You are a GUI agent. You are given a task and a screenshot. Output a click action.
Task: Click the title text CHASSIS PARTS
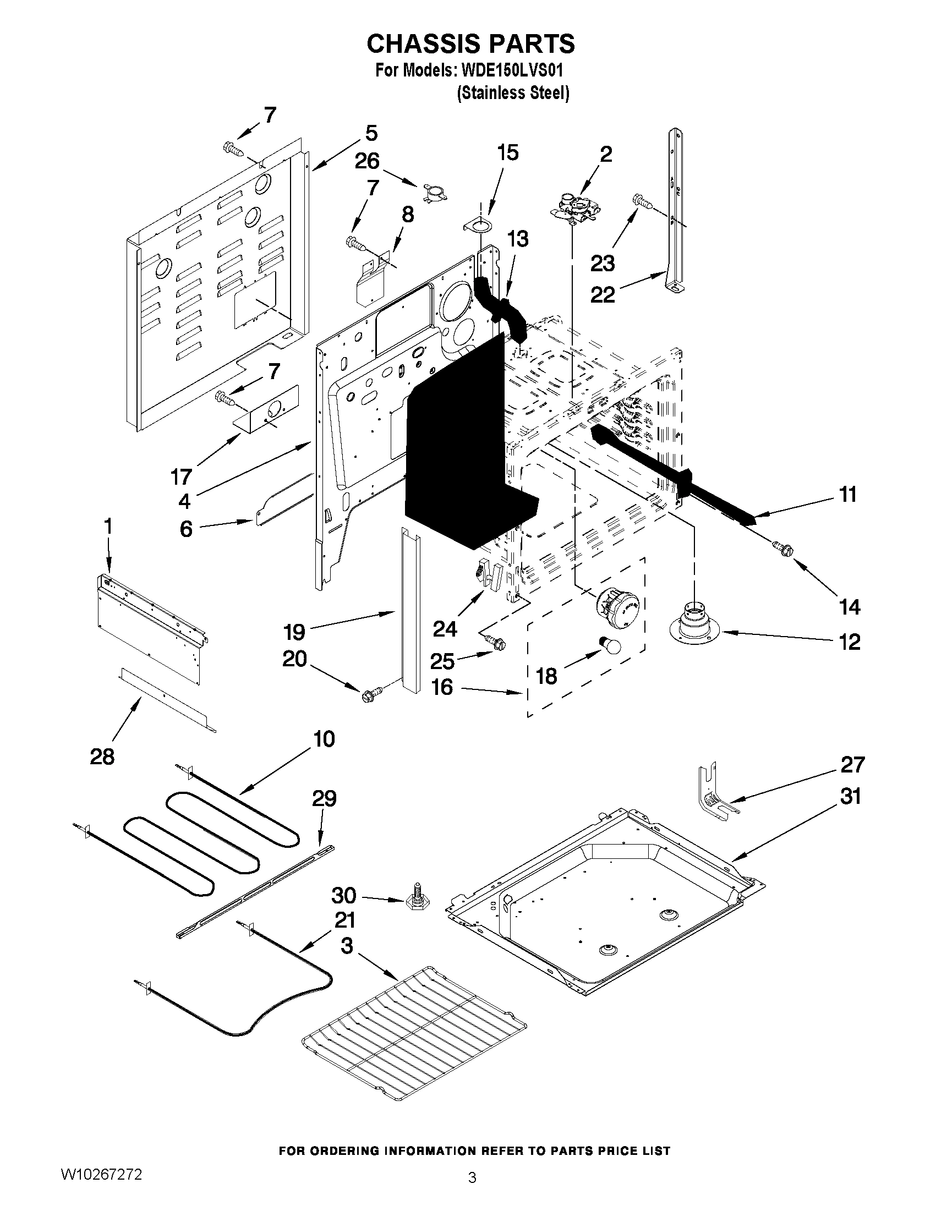[x=471, y=44]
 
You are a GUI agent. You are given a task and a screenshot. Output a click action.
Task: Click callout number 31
[x=850, y=796]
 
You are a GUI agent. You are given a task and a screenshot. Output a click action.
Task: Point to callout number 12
[x=850, y=642]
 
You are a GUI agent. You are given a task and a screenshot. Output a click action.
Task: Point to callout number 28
[x=102, y=757]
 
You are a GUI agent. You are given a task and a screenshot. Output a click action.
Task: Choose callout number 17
[x=182, y=476]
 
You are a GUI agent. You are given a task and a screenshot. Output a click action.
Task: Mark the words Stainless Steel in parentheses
[x=513, y=93]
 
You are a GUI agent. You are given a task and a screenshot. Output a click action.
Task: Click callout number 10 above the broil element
[x=324, y=739]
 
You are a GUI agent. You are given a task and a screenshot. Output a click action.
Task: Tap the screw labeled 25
[x=495, y=642]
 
